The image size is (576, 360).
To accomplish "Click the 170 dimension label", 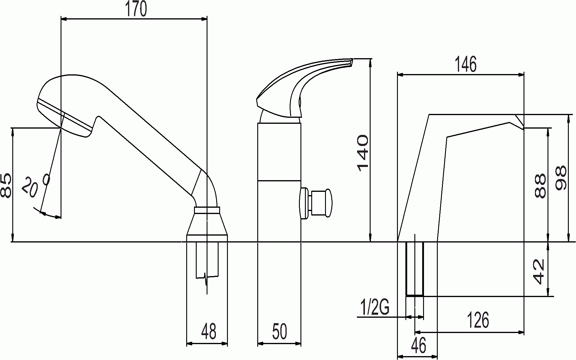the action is (136, 9).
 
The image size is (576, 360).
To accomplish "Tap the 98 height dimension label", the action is (561, 178).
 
